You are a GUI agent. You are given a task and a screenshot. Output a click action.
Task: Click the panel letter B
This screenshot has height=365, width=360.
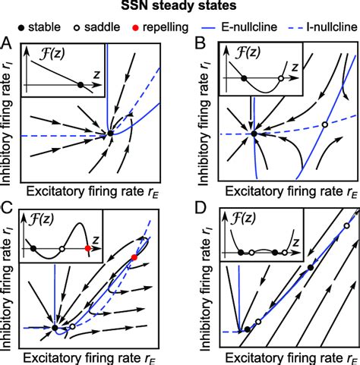pos(199,45)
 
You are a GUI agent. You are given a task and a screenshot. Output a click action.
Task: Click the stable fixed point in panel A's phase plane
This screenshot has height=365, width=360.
pos(111,133)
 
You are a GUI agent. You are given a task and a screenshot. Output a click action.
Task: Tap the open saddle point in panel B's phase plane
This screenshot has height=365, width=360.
pos(325,124)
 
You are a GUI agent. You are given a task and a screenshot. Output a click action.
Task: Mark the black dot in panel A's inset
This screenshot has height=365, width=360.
pos(81,86)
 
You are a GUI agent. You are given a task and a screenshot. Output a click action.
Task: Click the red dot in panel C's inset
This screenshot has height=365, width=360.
pos(89,248)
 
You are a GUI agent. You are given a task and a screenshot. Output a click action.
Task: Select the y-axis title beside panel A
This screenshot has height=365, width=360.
pos(9,111)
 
